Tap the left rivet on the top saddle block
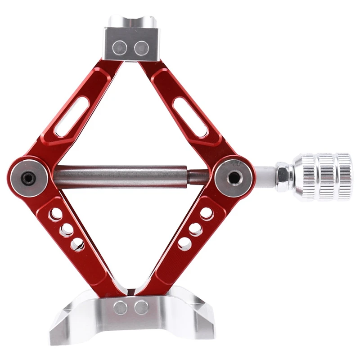(x=121, y=46)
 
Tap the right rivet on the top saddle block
(x=142, y=46)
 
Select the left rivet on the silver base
(x=120, y=307)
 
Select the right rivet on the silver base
(x=142, y=307)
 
